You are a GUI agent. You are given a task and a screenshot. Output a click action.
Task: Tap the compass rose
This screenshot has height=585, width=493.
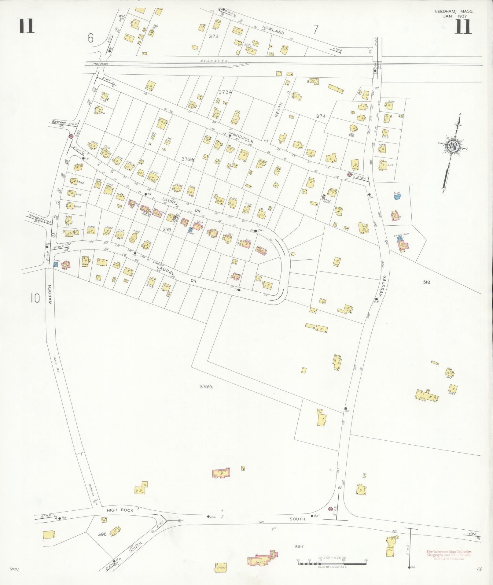454,147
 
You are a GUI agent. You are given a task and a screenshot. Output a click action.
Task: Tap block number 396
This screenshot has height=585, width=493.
102,534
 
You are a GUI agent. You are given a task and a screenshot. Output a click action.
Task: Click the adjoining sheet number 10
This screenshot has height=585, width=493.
35,298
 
